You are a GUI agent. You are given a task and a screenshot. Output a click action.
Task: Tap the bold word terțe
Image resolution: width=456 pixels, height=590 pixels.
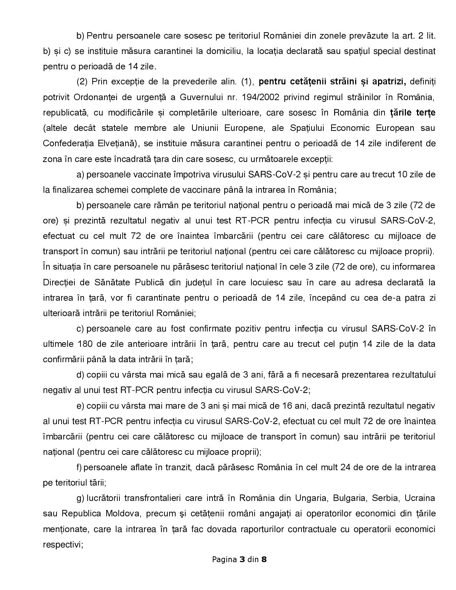click(x=425, y=113)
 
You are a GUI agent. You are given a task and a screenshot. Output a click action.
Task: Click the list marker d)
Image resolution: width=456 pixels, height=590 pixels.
click(x=80, y=375)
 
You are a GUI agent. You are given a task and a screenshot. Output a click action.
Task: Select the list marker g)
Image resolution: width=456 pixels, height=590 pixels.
click(x=80, y=498)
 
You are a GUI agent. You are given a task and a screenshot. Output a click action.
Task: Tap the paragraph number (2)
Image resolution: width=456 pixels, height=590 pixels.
click(x=82, y=82)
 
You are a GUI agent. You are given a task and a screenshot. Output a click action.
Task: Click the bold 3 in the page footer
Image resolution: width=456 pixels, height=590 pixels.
click(x=242, y=559)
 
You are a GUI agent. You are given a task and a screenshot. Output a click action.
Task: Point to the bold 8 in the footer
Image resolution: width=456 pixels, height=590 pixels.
click(x=264, y=559)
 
